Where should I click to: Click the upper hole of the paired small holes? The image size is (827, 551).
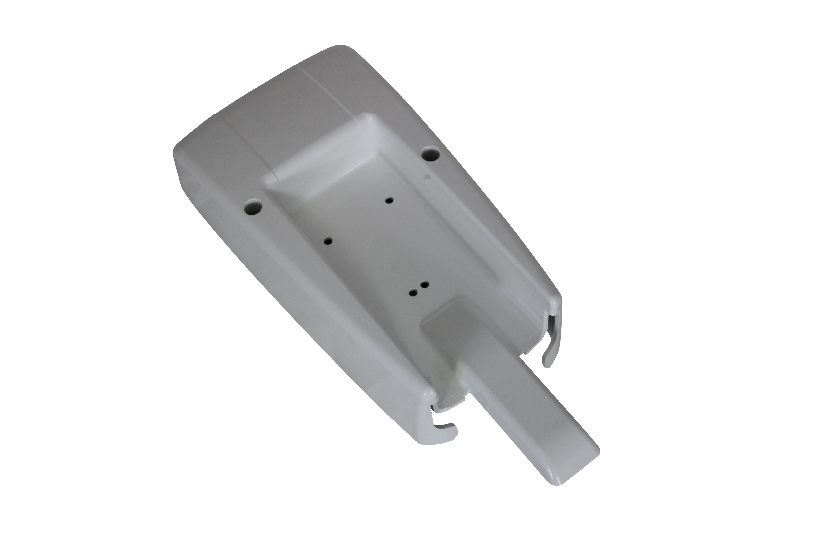point(425,284)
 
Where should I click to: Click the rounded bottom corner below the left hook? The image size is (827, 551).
point(427,444)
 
